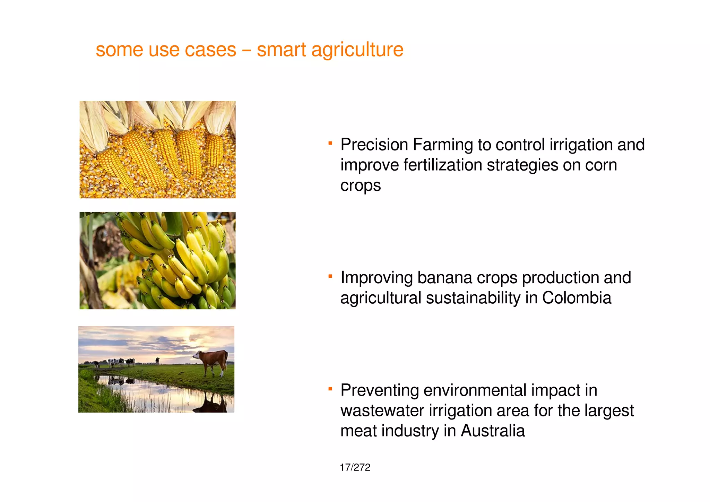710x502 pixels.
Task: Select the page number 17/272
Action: (x=355, y=467)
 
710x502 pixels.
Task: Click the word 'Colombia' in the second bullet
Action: (x=577, y=298)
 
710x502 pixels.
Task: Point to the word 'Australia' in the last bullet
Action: (x=493, y=431)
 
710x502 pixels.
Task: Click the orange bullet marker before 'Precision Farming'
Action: (x=330, y=143)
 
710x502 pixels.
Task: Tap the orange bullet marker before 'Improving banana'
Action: (x=330, y=276)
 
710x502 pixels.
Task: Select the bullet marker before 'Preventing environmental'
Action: (x=330, y=389)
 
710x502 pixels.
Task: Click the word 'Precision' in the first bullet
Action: (x=374, y=145)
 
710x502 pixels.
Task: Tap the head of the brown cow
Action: (x=197, y=355)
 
